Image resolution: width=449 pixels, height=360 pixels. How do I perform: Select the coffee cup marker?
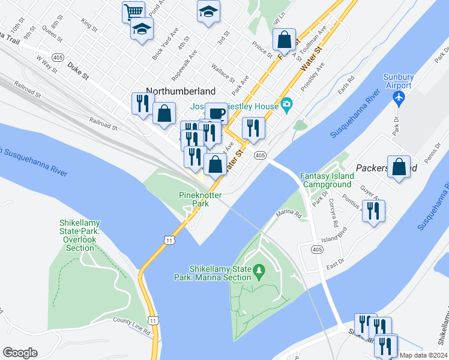coord(216,113)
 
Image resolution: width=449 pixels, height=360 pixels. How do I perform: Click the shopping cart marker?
coord(133,11)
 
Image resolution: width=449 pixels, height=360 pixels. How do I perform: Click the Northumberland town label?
coord(181,91)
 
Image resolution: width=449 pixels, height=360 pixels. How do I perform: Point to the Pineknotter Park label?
coord(200,199)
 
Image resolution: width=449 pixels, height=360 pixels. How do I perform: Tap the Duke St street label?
coord(78,71)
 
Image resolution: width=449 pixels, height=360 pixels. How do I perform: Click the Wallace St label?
coord(224,74)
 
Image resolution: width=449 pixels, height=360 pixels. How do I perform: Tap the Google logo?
coord(20,353)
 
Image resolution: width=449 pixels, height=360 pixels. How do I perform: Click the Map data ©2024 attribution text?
coord(423,355)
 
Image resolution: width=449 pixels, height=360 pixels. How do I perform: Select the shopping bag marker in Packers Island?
coord(399,168)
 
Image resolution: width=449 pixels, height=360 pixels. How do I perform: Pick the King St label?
coord(89,25)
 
